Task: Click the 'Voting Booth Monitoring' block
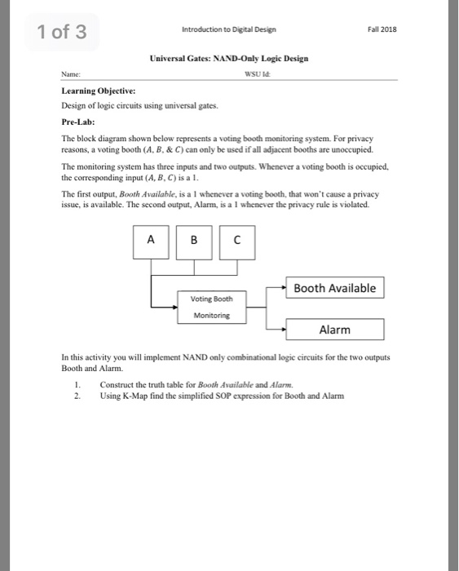[210, 306]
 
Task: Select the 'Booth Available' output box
[334, 288]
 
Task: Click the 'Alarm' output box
[334, 330]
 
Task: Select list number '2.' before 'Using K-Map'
[76, 396]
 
